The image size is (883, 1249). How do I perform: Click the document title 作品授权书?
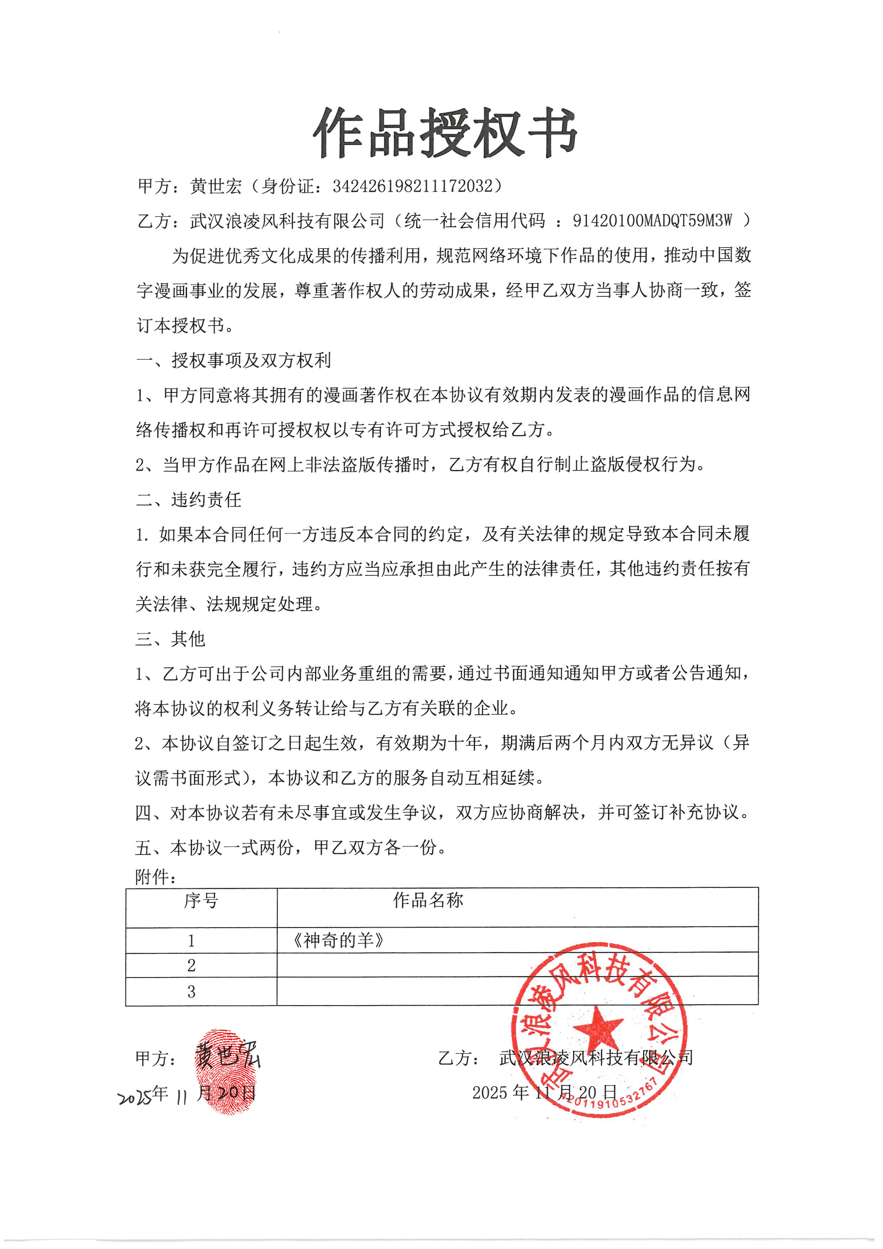pyautogui.click(x=445, y=133)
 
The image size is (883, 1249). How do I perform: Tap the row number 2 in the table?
pyautogui.click(x=192, y=965)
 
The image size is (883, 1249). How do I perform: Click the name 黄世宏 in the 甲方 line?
pyautogui.click(x=215, y=187)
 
